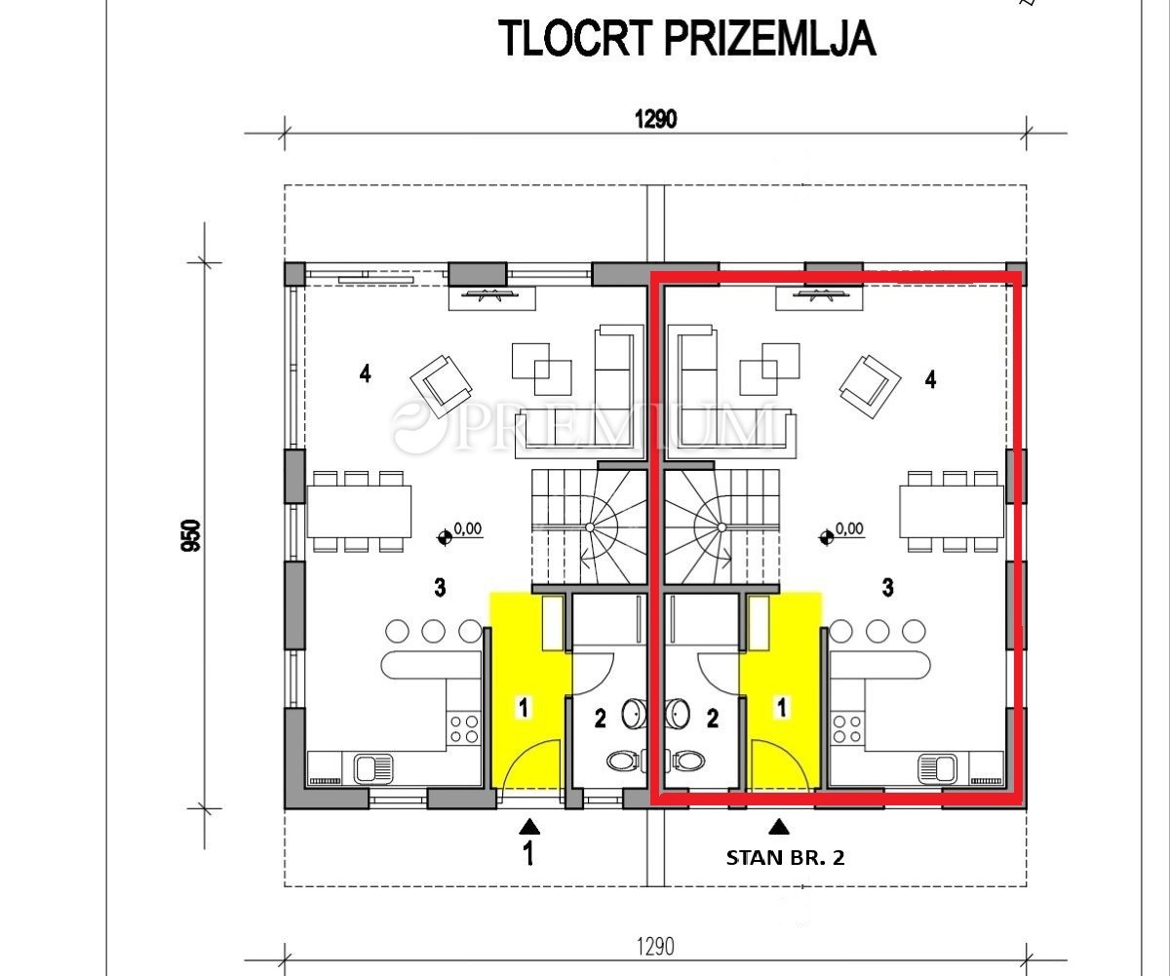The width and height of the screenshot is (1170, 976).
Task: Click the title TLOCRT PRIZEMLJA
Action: (687, 38)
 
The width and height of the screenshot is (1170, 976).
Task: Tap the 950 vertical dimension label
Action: (191, 535)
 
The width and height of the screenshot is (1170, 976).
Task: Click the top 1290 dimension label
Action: (655, 119)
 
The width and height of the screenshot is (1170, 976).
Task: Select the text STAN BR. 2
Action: (785, 858)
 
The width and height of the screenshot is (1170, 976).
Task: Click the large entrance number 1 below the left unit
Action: (527, 853)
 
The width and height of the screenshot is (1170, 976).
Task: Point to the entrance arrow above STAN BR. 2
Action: (779, 828)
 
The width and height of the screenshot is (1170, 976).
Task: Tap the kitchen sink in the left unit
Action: (373, 767)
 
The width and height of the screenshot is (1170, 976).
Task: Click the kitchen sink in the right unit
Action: (938, 767)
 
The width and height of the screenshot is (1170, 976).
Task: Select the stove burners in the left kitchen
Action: (464, 729)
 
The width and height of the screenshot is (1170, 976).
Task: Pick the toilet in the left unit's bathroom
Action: (624, 761)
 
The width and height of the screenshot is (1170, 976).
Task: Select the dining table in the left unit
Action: (359, 512)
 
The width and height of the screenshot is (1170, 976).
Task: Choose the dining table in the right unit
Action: (952, 512)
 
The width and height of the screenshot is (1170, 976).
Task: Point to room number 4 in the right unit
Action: (931, 380)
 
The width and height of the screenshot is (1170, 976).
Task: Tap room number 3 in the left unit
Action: (441, 588)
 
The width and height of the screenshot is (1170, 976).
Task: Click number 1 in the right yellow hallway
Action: (782, 707)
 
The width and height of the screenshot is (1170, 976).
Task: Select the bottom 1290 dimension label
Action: (655, 948)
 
